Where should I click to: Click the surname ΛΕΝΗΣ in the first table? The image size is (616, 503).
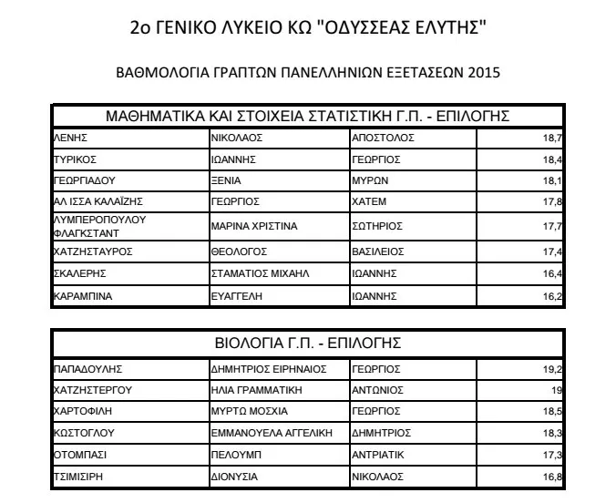(x=70, y=138)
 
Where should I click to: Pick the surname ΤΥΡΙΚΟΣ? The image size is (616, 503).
(x=76, y=159)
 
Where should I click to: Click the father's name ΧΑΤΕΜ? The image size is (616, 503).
(x=369, y=200)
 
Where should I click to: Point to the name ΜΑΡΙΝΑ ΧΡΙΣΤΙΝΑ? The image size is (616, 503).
(x=254, y=225)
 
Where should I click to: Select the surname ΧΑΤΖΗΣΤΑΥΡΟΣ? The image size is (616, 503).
(x=95, y=250)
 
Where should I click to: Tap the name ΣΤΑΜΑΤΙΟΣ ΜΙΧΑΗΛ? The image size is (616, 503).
(x=261, y=272)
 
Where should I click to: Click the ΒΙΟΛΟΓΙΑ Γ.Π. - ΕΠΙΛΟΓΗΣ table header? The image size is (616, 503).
(x=307, y=343)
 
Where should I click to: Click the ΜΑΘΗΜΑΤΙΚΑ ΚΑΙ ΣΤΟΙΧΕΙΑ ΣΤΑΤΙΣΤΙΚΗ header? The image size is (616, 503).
(x=307, y=116)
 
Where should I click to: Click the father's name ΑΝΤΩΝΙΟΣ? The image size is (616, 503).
(x=377, y=390)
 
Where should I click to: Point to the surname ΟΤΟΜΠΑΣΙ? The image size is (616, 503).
(x=82, y=453)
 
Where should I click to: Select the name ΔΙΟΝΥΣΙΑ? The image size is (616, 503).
(x=234, y=475)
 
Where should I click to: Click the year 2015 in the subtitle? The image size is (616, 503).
(x=482, y=71)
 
